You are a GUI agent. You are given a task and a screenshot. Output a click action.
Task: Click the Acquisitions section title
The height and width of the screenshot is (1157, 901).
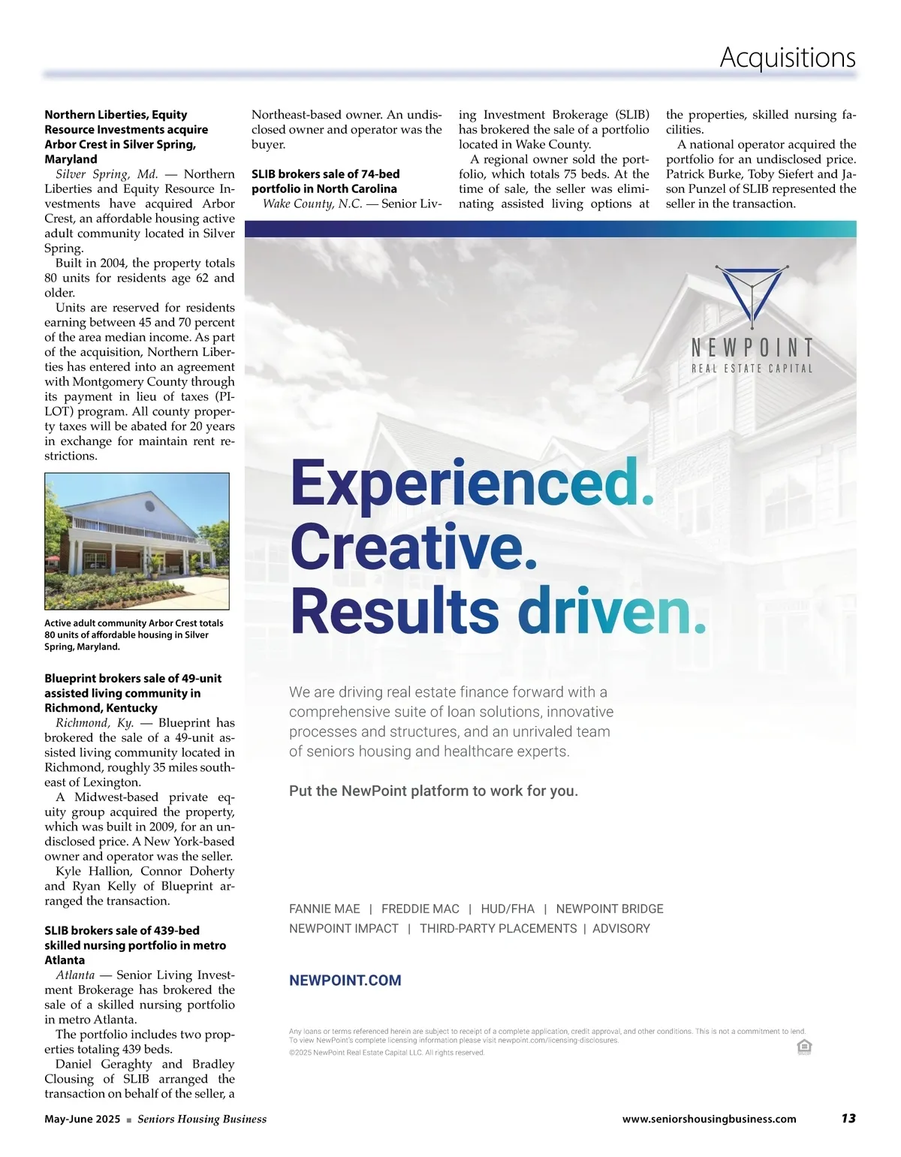click(x=787, y=57)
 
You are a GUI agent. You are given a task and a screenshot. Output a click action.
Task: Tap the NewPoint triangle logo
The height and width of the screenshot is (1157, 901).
click(x=752, y=295)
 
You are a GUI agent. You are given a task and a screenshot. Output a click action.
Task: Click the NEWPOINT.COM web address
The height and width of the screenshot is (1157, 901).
click(x=345, y=980)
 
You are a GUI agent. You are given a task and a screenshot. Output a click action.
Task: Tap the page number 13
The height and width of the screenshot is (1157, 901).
click(x=848, y=1118)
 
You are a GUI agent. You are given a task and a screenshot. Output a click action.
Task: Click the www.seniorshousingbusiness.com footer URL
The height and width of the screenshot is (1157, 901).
click(x=709, y=1119)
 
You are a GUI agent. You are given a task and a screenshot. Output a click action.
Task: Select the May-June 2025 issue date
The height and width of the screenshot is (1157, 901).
click(x=82, y=1119)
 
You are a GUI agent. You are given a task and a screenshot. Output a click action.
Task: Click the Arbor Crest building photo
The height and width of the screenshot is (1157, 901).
click(x=137, y=541)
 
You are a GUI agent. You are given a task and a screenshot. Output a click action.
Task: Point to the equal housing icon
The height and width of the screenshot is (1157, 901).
click(x=803, y=1047)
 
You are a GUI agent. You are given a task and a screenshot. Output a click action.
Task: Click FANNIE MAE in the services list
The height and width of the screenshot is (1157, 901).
click(x=324, y=908)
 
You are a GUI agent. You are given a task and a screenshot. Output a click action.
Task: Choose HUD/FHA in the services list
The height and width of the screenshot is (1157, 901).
click(x=508, y=908)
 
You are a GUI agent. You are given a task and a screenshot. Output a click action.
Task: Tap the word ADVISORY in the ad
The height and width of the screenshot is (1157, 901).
click(x=621, y=928)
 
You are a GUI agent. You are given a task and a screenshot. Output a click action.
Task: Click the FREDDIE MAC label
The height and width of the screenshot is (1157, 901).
click(x=420, y=908)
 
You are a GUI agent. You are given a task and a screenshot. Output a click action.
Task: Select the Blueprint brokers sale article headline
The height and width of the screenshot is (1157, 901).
click(x=133, y=693)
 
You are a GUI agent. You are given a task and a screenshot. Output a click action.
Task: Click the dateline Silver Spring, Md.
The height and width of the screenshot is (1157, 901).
click(x=107, y=174)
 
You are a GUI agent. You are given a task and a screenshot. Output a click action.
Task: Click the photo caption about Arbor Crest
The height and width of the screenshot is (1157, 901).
click(x=134, y=634)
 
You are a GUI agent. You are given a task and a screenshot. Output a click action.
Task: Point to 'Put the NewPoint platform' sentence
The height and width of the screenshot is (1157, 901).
click(x=433, y=791)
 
